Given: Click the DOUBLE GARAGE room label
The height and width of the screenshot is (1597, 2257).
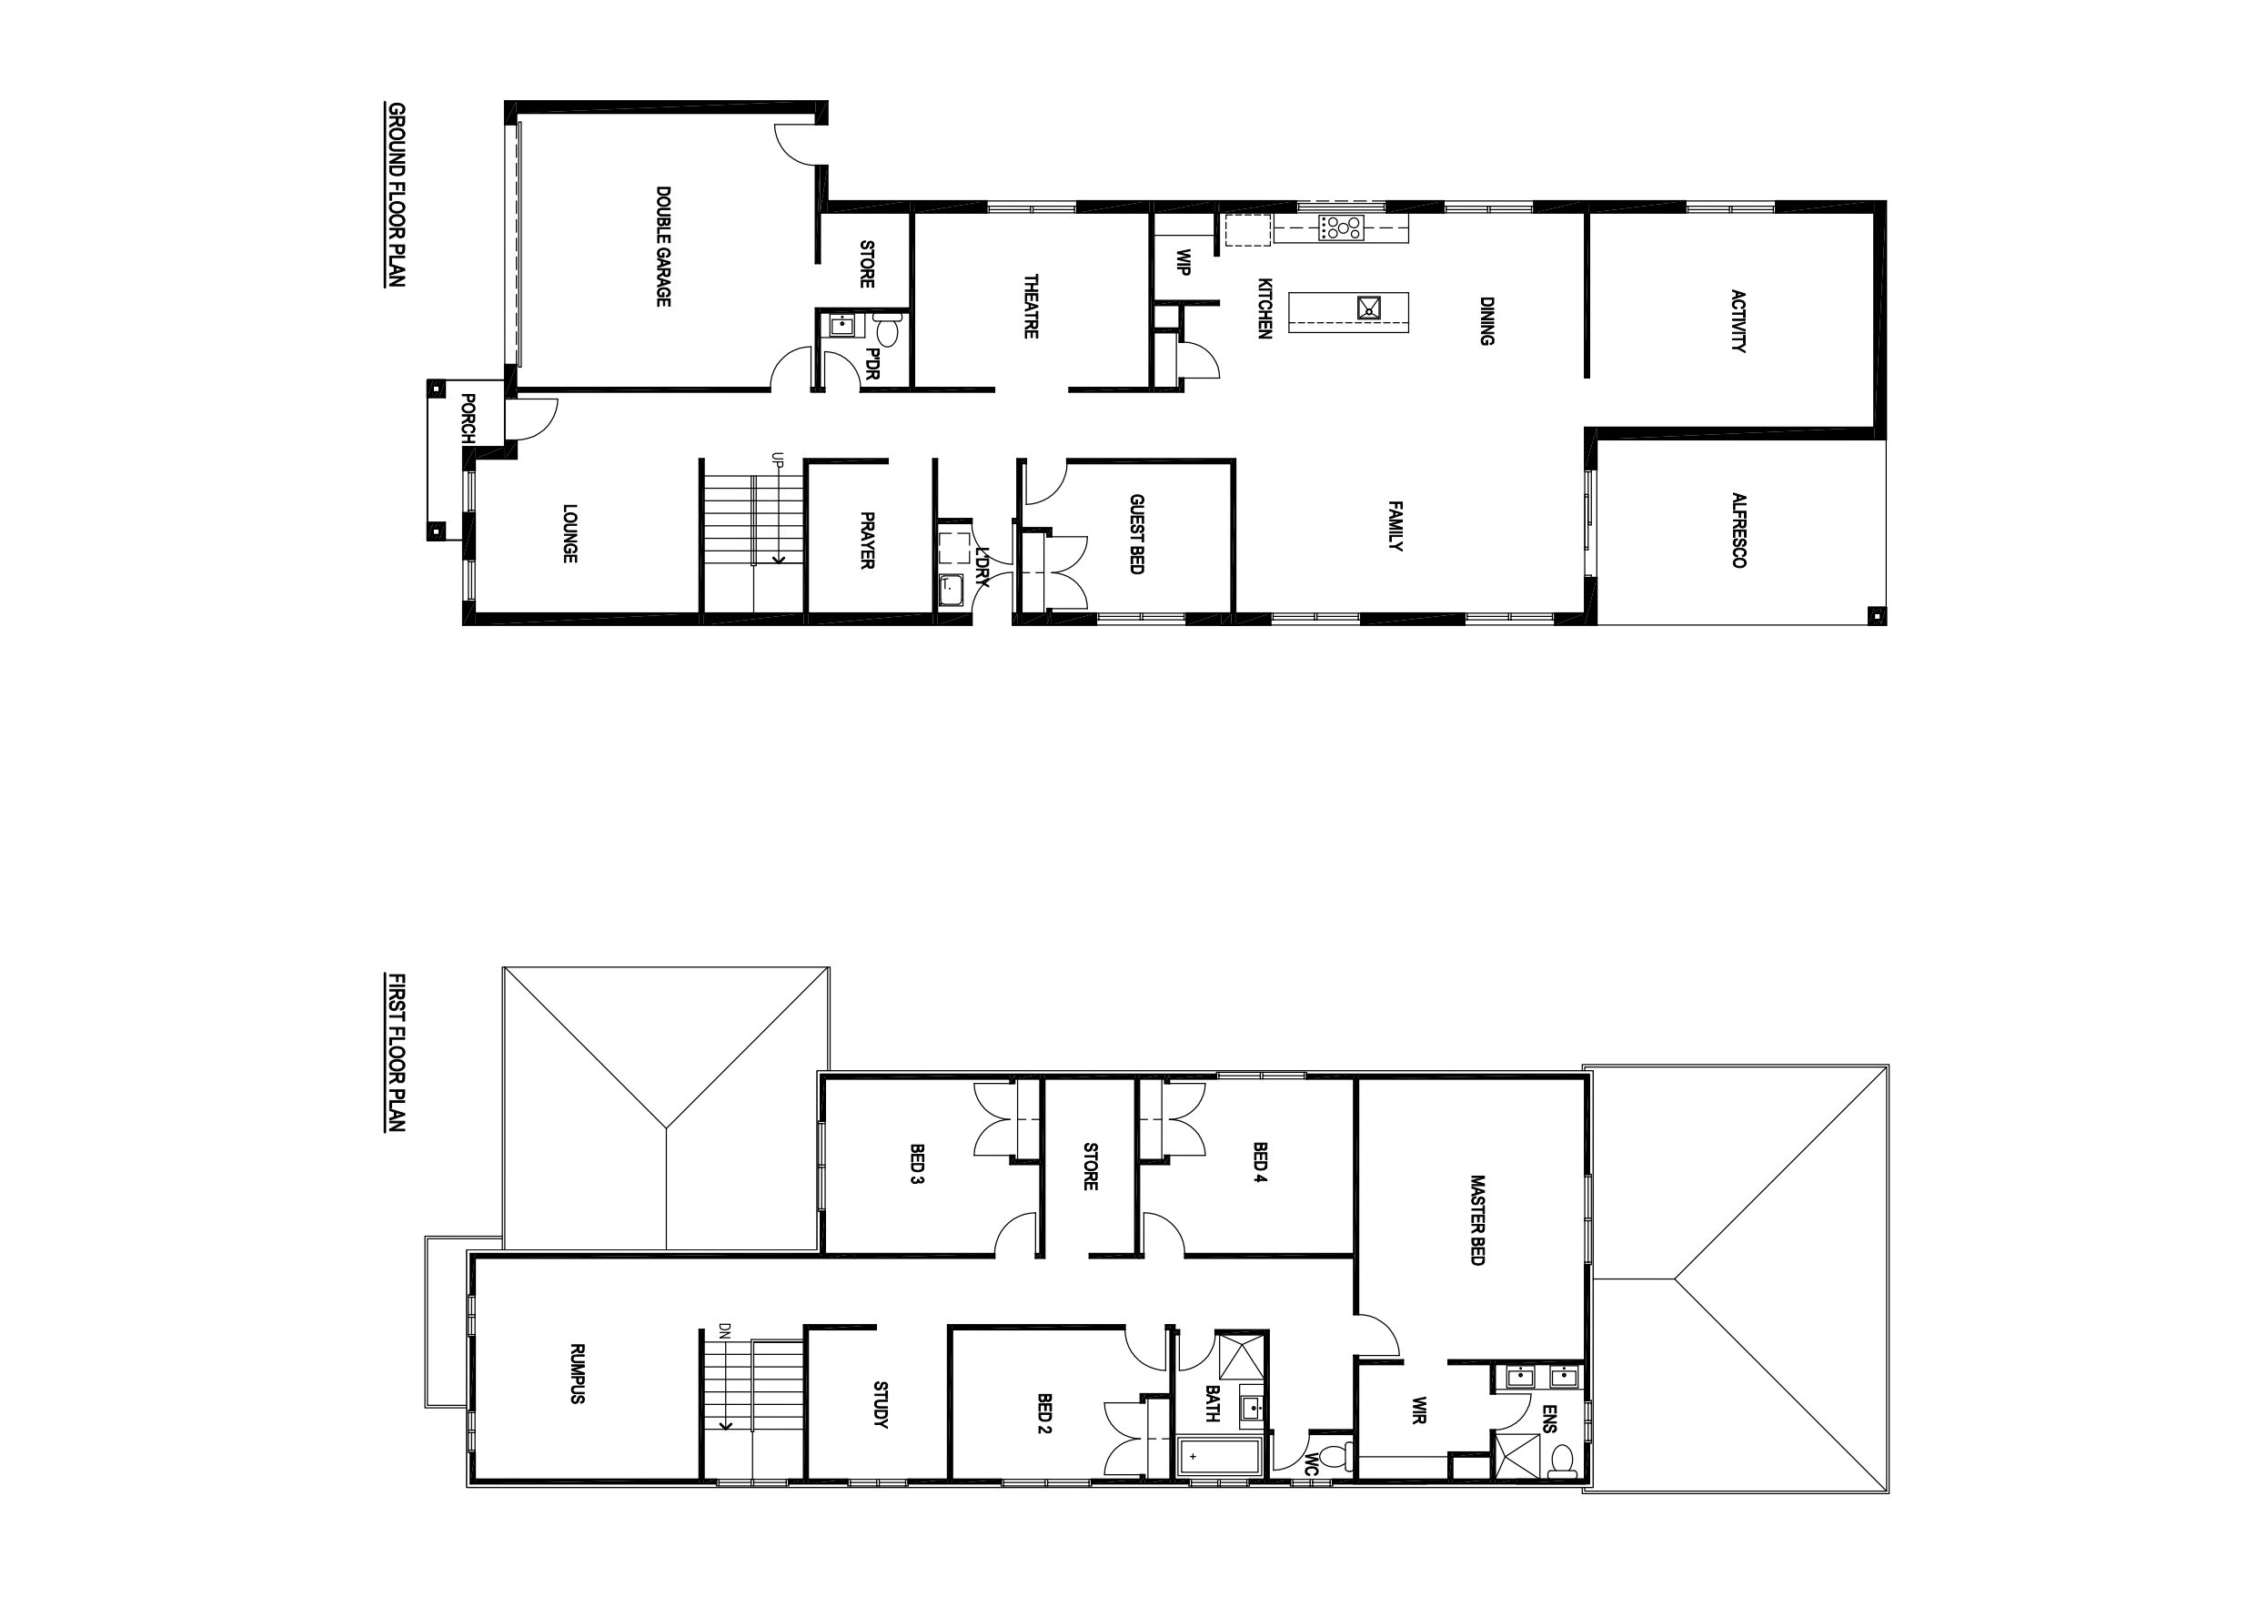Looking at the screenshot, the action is point(663,246).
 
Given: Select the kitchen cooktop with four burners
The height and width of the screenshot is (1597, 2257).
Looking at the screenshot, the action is point(1341,228).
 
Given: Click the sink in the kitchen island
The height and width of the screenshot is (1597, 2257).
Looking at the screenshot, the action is point(1369,308).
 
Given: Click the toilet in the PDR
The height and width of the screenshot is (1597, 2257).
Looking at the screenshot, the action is point(887,329).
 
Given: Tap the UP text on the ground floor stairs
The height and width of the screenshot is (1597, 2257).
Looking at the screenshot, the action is point(777,460).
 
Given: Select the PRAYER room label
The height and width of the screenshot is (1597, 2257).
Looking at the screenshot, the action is point(867,539).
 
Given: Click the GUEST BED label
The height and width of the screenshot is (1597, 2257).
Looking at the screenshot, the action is point(1136,534).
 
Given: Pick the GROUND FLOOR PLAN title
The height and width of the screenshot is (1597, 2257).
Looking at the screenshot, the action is point(395,195).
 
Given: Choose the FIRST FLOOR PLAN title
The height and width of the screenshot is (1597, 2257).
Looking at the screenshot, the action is point(395,1052).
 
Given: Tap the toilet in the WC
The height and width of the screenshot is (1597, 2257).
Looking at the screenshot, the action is point(1333,1454).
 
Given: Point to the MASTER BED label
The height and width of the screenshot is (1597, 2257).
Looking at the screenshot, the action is point(1476,1219).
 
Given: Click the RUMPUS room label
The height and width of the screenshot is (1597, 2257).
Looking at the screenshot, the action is point(577,1374).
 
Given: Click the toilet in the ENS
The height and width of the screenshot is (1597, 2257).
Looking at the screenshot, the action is point(1561,1459).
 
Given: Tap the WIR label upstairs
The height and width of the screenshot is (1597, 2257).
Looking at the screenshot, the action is point(1419,1410).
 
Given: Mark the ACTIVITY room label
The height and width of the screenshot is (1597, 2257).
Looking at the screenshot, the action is point(1738,320).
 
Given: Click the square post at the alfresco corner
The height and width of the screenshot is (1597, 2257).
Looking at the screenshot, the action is point(1877,617).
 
